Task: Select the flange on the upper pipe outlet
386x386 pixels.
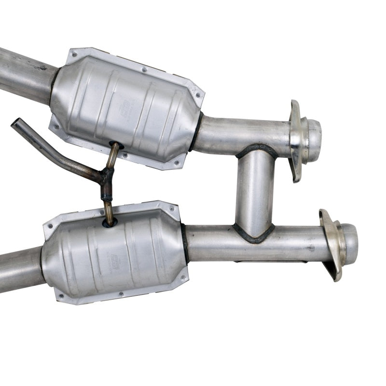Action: [x=295, y=140]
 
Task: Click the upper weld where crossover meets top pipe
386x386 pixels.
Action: [x=256, y=149]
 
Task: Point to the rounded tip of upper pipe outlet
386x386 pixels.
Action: [x=315, y=134]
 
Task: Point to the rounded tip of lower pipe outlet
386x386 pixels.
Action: [x=351, y=238]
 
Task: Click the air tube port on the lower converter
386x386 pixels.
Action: [x=110, y=223]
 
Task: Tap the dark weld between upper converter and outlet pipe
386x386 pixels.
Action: [x=195, y=131]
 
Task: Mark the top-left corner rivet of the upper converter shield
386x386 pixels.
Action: [x=73, y=55]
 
